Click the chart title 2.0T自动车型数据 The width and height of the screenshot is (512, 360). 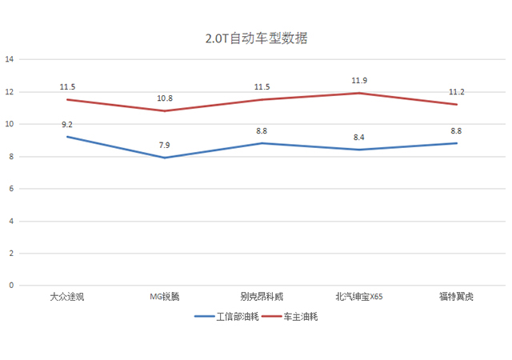256,38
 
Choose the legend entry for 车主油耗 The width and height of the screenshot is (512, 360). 301,316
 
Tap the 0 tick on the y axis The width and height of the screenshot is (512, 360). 11,285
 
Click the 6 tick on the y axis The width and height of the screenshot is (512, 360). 11,189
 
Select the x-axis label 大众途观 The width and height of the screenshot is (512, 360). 67,297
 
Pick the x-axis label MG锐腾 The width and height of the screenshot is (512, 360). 165,297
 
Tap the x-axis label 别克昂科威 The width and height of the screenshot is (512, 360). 262,297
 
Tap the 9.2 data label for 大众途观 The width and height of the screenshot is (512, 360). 67,125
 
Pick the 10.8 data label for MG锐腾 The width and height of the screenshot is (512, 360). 165,98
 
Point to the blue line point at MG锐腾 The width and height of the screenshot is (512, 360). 165,158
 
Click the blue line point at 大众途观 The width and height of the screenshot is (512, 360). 67,137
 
